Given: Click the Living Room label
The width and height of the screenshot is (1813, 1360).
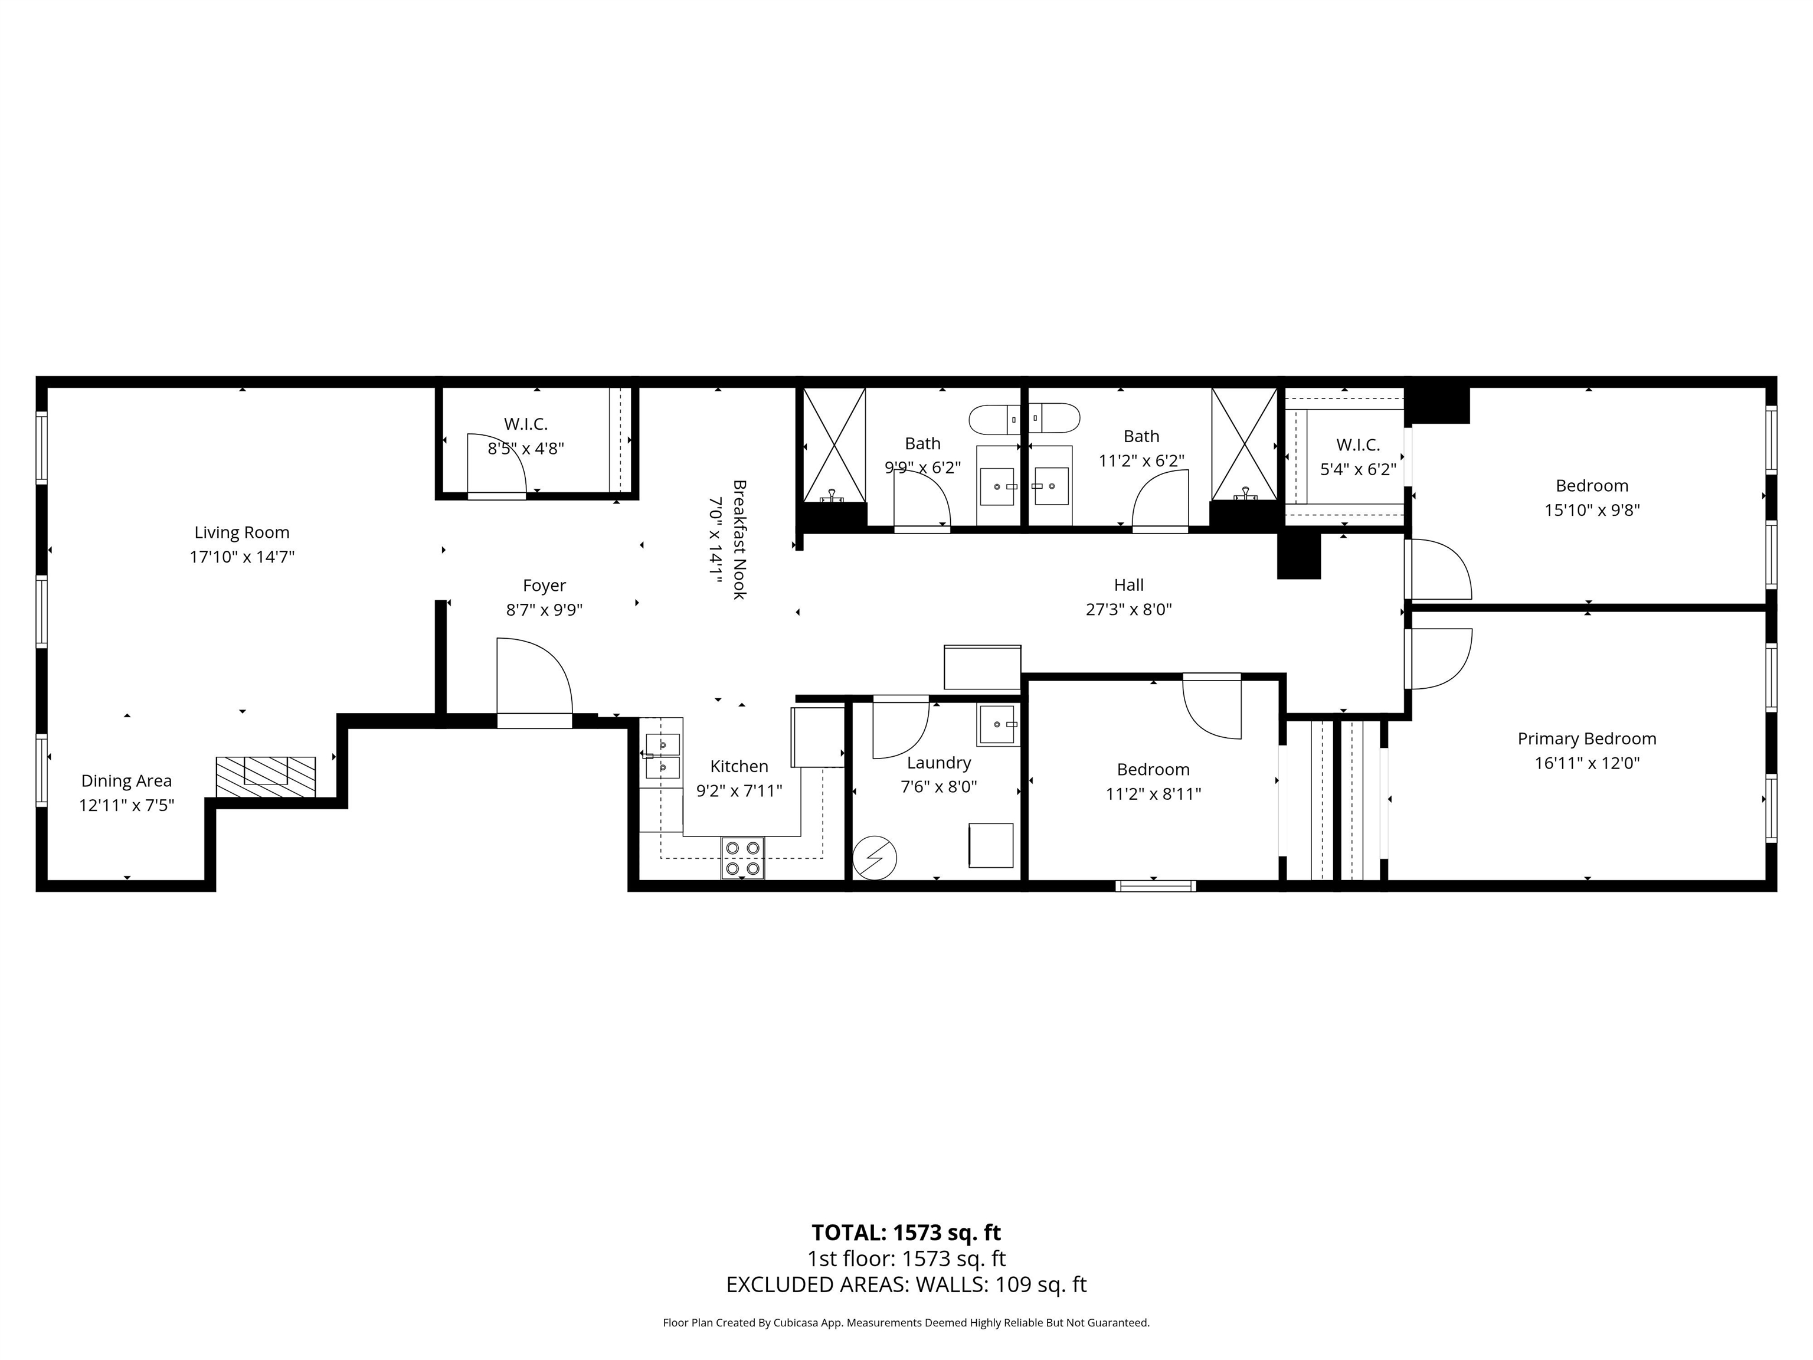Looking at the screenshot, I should point(242,533).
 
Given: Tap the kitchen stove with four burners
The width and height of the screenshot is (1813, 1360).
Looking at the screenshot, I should point(742,858).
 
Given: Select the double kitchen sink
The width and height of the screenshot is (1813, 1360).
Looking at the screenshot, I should point(662,756).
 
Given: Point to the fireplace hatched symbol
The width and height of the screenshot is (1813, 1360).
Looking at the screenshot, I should point(266,776).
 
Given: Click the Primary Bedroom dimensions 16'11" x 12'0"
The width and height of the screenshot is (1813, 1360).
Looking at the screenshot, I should point(1587,763).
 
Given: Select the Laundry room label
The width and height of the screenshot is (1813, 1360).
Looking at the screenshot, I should point(938,763).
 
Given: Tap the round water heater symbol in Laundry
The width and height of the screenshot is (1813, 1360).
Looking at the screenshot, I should point(875,858).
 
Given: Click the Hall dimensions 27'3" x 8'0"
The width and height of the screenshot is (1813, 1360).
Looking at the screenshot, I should point(1128,610).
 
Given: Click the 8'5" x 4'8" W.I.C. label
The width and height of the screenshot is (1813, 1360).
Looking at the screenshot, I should point(525,424).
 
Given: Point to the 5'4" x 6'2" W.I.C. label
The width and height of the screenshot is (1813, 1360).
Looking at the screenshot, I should point(1358,445).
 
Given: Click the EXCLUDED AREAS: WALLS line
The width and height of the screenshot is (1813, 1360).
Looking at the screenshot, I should point(906,1284).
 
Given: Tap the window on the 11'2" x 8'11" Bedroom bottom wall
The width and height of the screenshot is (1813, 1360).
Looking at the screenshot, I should point(1156,885).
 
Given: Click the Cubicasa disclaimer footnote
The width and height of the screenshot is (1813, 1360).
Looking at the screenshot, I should point(906,1322).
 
